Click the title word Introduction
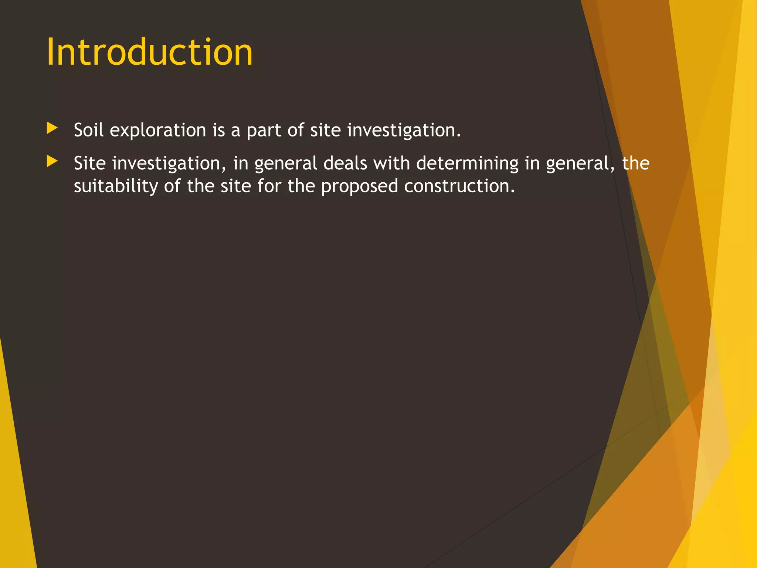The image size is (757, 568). click(x=149, y=53)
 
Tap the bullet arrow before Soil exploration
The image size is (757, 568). click(x=52, y=128)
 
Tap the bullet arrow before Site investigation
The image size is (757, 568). click(x=52, y=161)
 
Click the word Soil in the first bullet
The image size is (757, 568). click(x=88, y=130)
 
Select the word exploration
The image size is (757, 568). click(x=158, y=131)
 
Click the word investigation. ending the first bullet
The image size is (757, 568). click(x=404, y=131)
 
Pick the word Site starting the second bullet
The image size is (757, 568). click(x=89, y=163)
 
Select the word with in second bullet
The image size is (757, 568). click(x=391, y=163)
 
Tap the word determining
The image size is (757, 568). click(x=467, y=163)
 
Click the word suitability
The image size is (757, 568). click(x=116, y=186)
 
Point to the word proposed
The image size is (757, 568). click(x=359, y=186)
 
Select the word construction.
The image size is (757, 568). click(x=459, y=186)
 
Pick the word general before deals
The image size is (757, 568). click(x=286, y=163)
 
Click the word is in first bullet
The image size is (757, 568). click(x=218, y=131)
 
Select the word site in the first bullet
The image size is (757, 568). click(x=325, y=131)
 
